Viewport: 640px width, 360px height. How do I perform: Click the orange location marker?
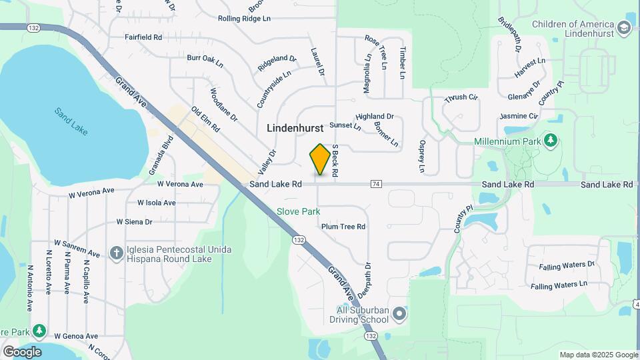coord(320,159)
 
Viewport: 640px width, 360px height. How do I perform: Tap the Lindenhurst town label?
coord(295,127)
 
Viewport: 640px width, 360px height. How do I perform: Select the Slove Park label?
coord(299,211)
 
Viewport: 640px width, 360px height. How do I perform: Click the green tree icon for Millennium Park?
coord(550,141)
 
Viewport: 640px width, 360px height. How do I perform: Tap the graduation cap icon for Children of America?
coord(623,27)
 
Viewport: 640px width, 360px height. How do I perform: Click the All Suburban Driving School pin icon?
coord(399,313)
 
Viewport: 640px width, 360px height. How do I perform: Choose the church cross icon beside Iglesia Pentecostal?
coord(116,252)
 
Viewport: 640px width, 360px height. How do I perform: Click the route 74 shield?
coord(377,184)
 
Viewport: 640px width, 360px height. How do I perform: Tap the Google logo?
coord(22,351)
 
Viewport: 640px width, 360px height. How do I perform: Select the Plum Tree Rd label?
coord(343,227)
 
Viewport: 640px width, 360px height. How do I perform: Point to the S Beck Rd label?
coord(335,160)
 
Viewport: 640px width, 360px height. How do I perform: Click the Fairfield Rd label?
coord(143,37)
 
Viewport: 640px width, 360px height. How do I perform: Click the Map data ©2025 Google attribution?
coord(598,355)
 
